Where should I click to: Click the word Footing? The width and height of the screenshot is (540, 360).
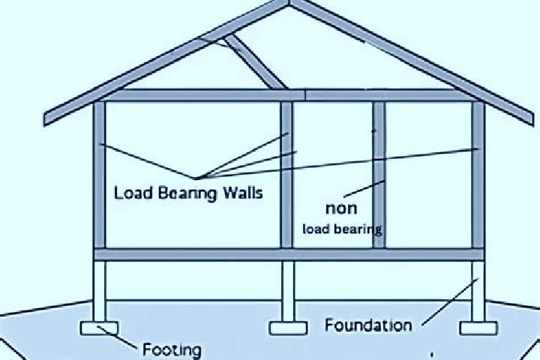[x=172, y=349]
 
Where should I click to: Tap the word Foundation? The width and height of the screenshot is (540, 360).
[x=368, y=325]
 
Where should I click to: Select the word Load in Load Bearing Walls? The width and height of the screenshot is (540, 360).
[x=133, y=193]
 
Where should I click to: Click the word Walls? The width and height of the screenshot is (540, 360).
[x=243, y=192]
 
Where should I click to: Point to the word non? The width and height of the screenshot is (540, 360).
[x=341, y=208]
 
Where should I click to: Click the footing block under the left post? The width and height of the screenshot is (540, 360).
[x=99, y=328]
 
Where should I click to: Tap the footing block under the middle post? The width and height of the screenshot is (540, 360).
[x=288, y=328]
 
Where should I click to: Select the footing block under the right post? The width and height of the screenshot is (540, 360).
[x=478, y=328]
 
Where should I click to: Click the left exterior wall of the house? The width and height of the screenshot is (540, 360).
[x=100, y=175]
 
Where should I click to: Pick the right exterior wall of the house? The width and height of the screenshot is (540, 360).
[x=478, y=175]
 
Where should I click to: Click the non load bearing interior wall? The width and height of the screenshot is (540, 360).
[x=379, y=175]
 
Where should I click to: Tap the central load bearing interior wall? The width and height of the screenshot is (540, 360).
[x=286, y=175]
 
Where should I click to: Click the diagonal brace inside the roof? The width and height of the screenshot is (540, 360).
[x=256, y=62]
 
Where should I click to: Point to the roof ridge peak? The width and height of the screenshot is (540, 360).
[x=289, y=3]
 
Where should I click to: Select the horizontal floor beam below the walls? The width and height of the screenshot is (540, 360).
[x=289, y=254]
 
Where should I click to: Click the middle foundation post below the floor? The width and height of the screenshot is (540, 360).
[x=288, y=291]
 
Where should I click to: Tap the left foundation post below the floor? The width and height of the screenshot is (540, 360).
[x=99, y=291]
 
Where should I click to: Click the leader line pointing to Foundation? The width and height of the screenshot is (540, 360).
[x=450, y=301]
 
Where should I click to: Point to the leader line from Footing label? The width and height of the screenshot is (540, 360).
[x=117, y=337]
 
